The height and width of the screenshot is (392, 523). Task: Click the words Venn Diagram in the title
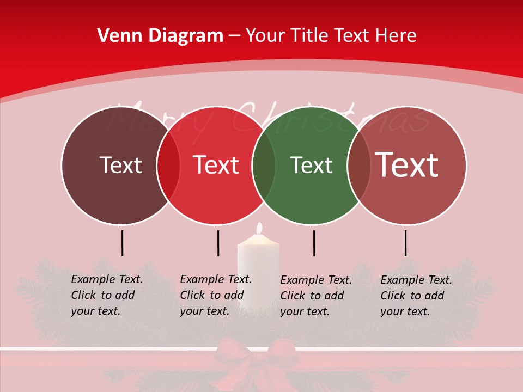tap(160, 36)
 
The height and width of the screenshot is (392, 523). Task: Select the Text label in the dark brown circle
tap(120, 165)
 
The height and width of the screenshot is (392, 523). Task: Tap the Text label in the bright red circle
tap(216, 165)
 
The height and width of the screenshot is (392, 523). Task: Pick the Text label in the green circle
tap(311, 165)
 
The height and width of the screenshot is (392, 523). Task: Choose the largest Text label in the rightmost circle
tap(406, 165)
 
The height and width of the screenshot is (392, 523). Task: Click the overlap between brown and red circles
tap(168, 166)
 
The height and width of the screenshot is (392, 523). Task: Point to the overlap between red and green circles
tap(264, 166)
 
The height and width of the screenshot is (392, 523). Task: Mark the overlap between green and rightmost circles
tap(358, 166)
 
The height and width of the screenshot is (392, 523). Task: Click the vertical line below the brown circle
tap(123, 243)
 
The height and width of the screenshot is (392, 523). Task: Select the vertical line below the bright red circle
tap(218, 243)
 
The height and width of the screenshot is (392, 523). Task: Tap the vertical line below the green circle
tap(314, 243)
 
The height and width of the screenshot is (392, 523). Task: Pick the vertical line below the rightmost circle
tap(405, 243)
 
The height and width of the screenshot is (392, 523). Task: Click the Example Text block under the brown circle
tap(106, 295)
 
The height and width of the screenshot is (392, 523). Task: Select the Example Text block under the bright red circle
tap(215, 295)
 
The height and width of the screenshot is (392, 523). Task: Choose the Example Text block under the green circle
tap(315, 296)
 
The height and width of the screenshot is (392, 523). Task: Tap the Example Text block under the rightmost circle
tap(416, 296)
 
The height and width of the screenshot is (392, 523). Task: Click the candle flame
tap(259, 228)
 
